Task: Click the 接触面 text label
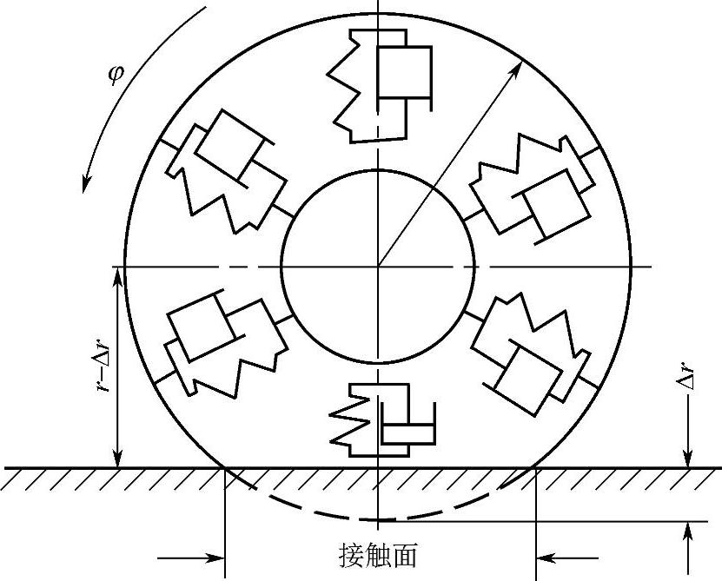tap(379, 554)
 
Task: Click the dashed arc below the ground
tap(379, 519)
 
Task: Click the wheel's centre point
tap(378, 266)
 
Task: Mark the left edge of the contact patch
tap(226, 468)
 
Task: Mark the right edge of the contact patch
tap(534, 468)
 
